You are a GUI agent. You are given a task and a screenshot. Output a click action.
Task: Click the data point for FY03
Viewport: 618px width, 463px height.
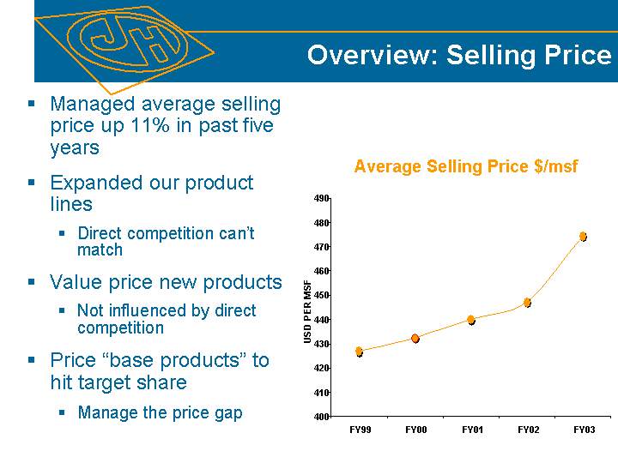583,236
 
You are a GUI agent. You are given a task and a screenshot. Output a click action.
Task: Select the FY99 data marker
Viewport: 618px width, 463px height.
359,351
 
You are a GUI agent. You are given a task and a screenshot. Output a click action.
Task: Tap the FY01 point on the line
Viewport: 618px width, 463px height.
471,320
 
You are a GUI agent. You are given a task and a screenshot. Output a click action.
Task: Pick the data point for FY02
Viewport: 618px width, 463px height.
527,302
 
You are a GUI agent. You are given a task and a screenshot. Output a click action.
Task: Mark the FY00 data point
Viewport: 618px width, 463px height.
415,339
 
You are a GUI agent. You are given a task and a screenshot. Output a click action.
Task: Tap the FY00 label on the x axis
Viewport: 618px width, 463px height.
416,429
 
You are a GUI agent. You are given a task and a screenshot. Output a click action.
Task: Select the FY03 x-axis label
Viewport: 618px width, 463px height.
585,429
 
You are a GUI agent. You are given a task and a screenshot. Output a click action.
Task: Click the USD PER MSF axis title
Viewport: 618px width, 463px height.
308,312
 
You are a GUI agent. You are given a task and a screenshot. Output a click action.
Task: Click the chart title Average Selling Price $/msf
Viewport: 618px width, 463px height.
466,166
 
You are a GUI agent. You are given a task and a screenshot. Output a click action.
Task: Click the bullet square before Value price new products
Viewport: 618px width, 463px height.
32,281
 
